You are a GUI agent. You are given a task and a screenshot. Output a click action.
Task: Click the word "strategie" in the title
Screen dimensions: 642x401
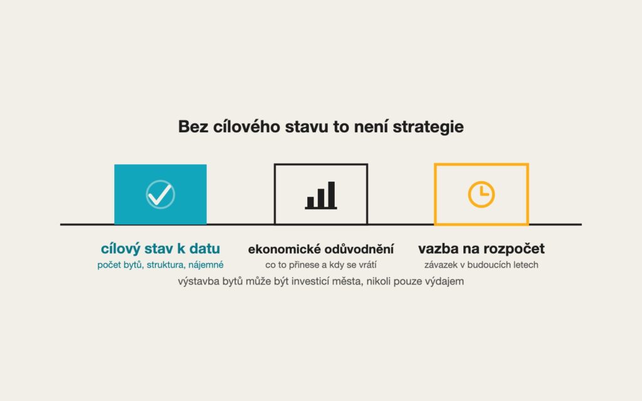pos(428,127)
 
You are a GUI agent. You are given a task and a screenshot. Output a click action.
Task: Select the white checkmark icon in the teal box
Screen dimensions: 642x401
pos(160,194)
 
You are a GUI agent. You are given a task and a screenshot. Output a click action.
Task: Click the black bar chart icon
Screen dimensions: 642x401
pos(321,195)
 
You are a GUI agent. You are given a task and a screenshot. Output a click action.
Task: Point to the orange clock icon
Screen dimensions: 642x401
pos(481,194)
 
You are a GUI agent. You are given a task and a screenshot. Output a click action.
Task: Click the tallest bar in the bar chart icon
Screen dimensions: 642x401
pos(332,195)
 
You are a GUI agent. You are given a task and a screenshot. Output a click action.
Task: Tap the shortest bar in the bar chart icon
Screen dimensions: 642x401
pos(310,202)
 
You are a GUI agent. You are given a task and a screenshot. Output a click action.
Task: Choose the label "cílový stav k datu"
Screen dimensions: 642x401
pos(160,248)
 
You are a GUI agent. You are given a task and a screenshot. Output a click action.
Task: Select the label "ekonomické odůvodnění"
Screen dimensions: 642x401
pos(321,249)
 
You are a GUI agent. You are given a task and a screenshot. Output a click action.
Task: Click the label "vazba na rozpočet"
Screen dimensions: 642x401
pos(481,248)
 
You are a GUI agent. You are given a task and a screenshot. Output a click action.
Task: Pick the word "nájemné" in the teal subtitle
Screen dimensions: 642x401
pos(206,265)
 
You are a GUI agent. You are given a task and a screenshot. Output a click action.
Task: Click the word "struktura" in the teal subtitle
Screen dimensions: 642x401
pos(166,265)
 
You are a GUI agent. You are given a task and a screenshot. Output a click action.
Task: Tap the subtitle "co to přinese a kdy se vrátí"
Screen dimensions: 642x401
pos(321,265)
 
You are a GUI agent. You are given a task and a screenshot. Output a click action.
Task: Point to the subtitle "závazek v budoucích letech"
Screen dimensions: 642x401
pos(481,265)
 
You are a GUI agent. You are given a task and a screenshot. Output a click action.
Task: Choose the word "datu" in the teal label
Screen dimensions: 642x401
pos(204,248)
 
